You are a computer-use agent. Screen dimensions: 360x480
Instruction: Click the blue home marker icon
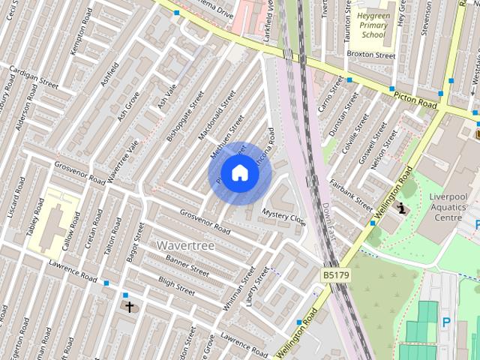[239, 173]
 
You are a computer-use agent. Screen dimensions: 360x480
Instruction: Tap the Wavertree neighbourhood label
[186, 245]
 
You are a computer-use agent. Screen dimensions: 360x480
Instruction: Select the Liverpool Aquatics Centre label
[449, 207]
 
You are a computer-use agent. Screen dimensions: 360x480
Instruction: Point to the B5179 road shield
[336, 276]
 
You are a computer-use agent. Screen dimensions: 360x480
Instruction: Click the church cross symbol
[129, 307]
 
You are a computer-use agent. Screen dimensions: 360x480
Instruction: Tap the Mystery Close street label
[283, 217]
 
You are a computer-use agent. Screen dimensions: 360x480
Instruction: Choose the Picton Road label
[414, 97]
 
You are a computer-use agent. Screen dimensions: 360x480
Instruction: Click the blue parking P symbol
[447, 322]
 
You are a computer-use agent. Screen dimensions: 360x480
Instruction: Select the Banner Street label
[187, 265]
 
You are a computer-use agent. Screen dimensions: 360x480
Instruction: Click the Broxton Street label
[376, 55]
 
